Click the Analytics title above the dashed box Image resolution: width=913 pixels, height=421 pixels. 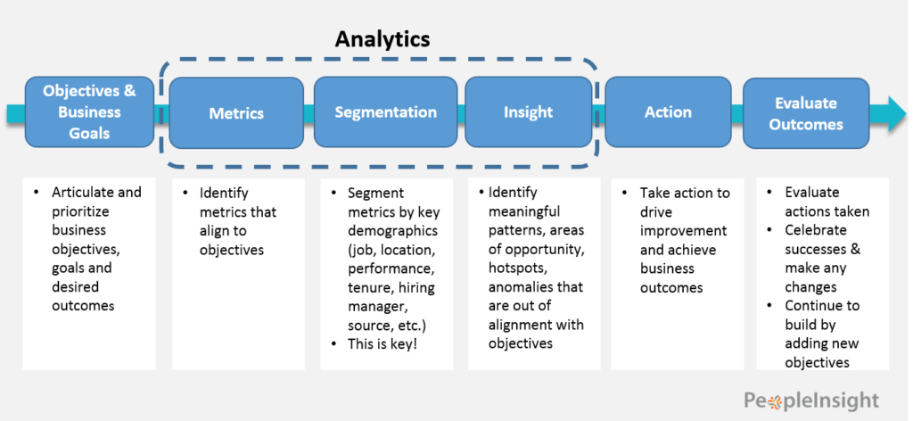(382, 39)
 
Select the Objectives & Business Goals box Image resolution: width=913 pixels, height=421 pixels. (89, 112)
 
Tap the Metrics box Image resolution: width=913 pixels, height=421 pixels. (236, 113)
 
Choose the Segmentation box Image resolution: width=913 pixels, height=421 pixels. (385, 112)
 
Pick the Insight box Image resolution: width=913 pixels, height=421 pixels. (528, 112)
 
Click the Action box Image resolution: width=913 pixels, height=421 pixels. (668, 112)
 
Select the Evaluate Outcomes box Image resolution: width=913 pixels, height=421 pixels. (806, 113)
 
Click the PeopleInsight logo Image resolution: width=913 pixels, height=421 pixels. (811, 400)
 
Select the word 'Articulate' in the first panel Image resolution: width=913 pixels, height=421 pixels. (83, 193)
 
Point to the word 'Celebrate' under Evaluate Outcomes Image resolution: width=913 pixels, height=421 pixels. (817, 230)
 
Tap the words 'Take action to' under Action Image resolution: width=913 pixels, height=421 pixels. (685, 193)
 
